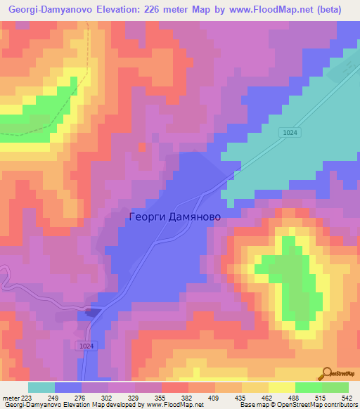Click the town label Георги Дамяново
coord(175,217)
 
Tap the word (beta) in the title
coord(328,10)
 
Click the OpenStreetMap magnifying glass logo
coord(327,372)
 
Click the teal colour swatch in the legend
coord(41,387)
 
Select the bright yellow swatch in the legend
coord(281,387)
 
